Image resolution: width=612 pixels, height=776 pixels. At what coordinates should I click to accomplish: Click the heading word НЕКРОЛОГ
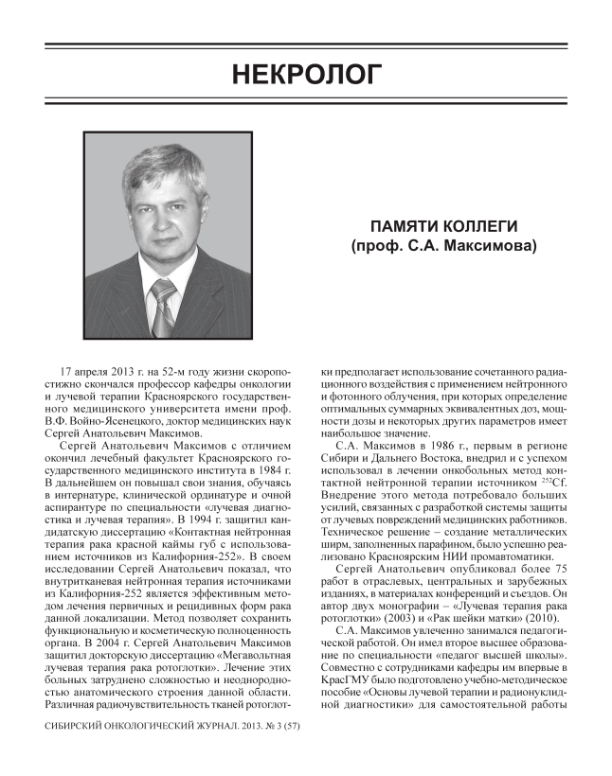305,73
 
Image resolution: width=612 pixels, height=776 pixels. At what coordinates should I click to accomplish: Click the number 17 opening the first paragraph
67,364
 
